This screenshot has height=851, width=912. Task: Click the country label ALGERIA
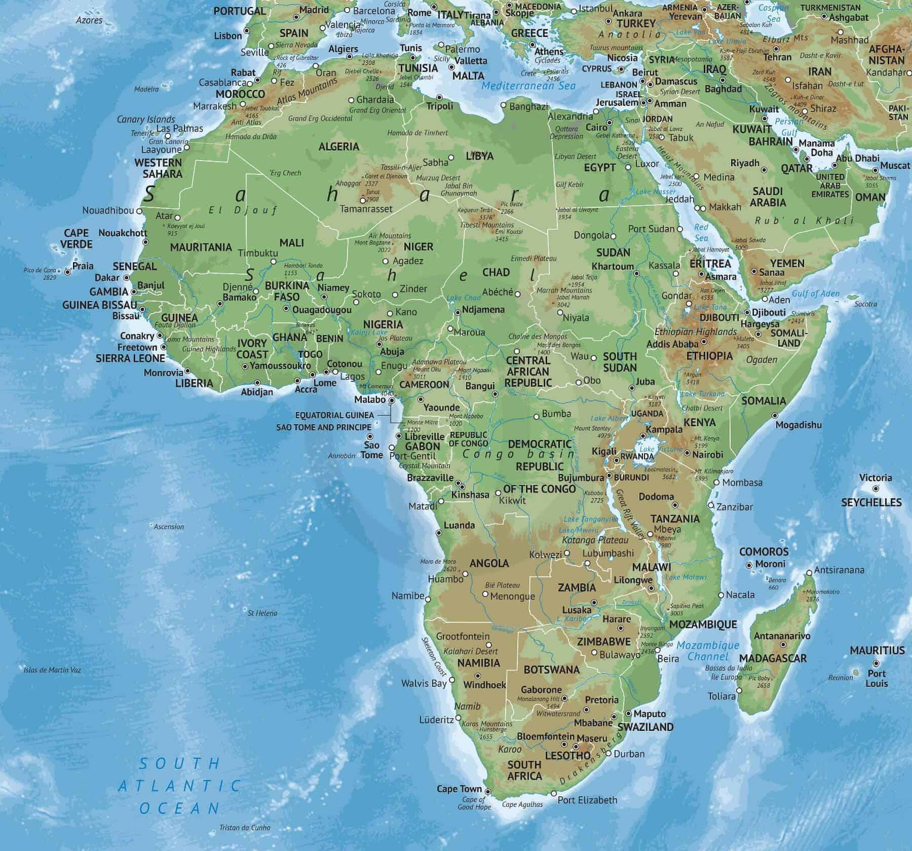coord(338,146)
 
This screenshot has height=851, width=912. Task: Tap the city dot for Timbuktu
coord(274,262)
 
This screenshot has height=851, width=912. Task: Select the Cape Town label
coord(459,789)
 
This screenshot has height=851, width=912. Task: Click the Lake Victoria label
coord(654,450)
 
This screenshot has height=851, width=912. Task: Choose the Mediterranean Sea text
coord(528,86)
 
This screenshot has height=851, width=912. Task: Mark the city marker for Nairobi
coord(688,454)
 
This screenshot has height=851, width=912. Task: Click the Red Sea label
coord(701,233)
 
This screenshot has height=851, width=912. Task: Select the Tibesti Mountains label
coord(486,225)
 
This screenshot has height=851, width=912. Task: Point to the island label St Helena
coord(262,613)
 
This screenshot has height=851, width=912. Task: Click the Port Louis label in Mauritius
coord(877,678)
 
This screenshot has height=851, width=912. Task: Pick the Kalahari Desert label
coord(471,651)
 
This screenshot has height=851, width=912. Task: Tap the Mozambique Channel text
coord(708,651)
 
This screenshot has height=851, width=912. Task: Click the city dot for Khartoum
coord(637,274)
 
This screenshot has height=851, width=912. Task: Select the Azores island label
coord(89,20)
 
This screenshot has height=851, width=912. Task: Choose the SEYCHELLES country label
coord(871,502)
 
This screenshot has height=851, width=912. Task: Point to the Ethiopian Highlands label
coord(696,331)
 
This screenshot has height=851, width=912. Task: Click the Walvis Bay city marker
coord(453,681)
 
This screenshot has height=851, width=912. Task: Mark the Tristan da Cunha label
coord(245,828)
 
